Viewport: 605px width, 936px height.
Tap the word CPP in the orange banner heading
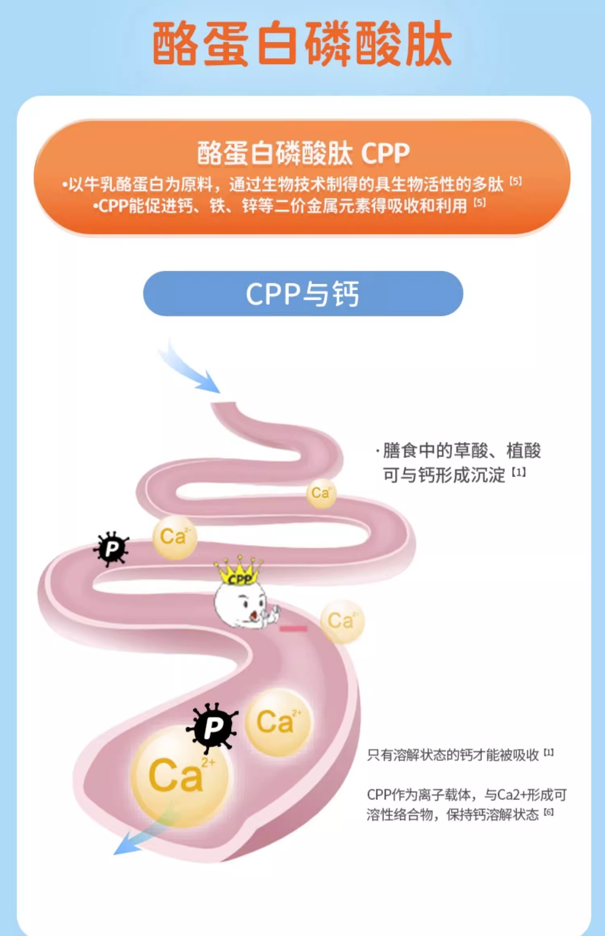(385, 153)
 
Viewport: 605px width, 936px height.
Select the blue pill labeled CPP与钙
(303, 293)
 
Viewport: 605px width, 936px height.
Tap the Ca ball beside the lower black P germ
(278, 722)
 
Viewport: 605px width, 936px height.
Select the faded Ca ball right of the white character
(342, 621)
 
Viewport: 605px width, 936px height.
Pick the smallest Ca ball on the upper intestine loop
(321, 493)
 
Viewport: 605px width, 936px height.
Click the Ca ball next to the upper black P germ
(175, 537)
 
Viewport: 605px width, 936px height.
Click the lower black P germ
(213, 728)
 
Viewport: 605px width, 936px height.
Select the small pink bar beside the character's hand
(294, 628)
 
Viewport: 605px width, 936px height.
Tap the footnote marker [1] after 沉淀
(519, 472)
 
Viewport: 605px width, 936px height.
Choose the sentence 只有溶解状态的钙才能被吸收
(453, 755)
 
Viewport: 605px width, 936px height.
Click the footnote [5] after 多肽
(515, 181)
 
